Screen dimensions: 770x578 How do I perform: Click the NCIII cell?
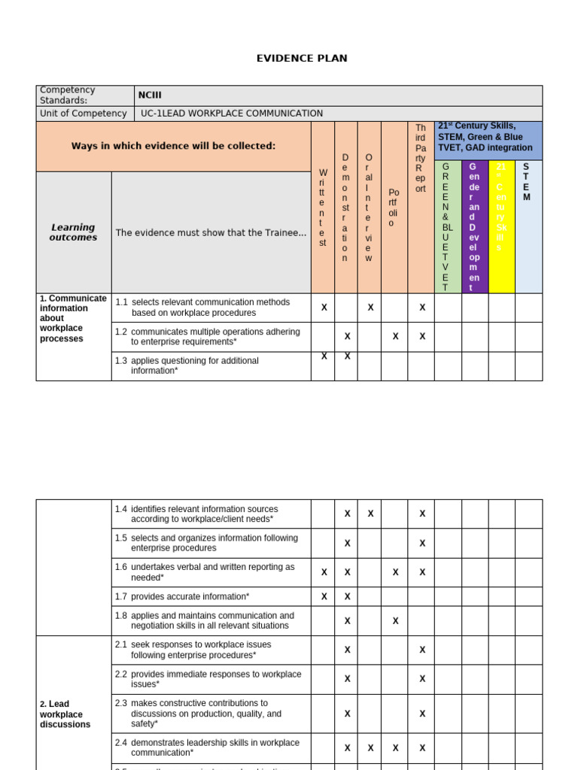pos(149,95)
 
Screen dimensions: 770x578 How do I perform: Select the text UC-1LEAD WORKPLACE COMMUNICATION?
pos(232,114)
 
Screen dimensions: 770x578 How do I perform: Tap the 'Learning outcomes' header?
pos(73,232)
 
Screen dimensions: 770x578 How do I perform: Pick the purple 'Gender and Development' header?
pos(474,226)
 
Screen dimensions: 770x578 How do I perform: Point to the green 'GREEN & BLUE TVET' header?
pos(447,226)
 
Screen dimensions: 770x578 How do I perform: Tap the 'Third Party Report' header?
pos(421,159)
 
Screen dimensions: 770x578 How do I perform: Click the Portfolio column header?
pos(394,208)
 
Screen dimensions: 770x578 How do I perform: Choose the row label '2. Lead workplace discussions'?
pos(65,714)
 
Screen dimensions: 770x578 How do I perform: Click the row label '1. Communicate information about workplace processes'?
pos(73,319)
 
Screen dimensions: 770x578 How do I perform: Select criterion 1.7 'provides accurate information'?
pos(190,596)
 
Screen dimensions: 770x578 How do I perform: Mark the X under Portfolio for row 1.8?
pos(395,621)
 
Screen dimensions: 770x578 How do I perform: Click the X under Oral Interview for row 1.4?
pos(370,514)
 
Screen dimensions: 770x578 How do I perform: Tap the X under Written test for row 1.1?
pos(324,308)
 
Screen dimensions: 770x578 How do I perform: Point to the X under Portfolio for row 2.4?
pos(395,748)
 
